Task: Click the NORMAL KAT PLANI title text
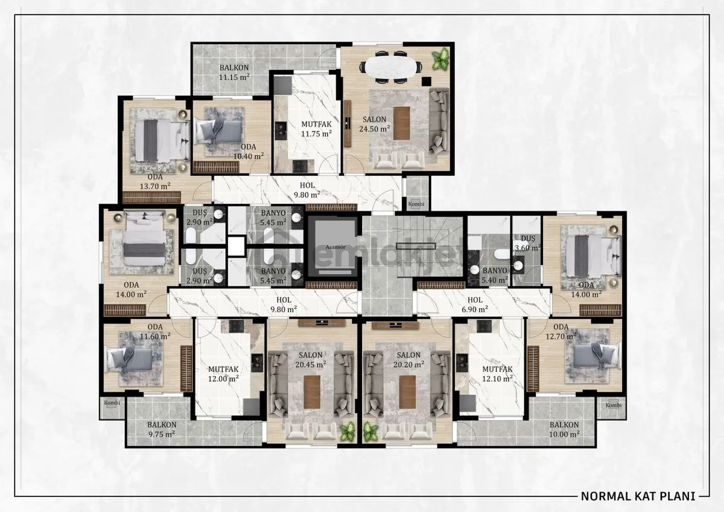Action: point(638,496)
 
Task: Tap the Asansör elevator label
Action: point(335,247)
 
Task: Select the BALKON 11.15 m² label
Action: point(234,72)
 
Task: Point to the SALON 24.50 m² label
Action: point(375,124)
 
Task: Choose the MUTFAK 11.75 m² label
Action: point(316,129)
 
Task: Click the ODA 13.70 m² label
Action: point(155,182)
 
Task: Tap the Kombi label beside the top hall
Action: point(416,204)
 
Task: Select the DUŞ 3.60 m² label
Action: point(528,243)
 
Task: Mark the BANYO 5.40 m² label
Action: point(495,275)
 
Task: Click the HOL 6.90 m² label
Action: point(475,305)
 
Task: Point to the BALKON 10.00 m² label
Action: point(564,429)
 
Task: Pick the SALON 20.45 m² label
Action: point(311,360)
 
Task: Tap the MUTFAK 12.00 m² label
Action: point(223,374)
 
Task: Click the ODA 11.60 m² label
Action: point(155,331)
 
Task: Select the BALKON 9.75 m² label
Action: point(162,429)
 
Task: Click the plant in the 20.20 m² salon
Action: point(370,432)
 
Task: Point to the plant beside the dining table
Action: point(441,58)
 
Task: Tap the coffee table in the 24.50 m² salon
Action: point(402,123)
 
